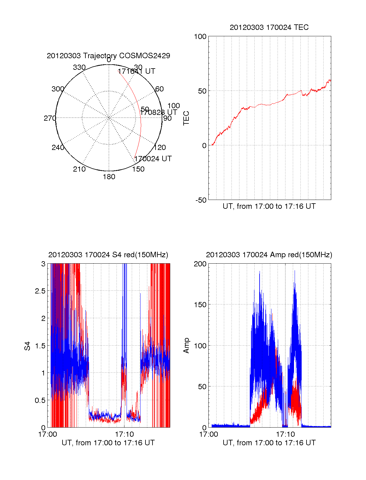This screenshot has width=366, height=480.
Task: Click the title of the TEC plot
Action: click(x=269, y=27)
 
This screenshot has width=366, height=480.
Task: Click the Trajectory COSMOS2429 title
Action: click(x=108, y=56)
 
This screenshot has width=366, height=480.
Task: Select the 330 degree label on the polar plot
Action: click(x=79, y=67)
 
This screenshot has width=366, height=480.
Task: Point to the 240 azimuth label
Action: click(x=58, y=148)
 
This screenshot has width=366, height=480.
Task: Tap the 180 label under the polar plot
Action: click(x=109, y=177)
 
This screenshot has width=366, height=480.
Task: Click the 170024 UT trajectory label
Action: click(x=153, y=159)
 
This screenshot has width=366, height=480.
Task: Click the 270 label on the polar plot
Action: click(x=50, y=118)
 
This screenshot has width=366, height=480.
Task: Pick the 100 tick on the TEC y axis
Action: click(x=200, y=37)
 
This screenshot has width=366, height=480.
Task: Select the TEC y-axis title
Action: click(x=186, y=118)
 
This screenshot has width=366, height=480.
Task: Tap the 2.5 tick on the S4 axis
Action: click(x=40, y=291)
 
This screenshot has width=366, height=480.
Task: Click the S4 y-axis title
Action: click(x=27, y=346)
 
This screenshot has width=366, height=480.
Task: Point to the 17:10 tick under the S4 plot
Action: click(x=124, y=434)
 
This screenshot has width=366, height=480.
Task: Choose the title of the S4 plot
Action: click(x=108, y=255)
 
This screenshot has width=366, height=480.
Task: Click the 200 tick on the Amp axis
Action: click(x=200, y=264)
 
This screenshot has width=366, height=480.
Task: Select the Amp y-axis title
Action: click(x=186, y=346)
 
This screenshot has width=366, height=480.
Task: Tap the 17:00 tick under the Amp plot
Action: click(x=209, y=434)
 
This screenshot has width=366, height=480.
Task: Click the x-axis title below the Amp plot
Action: click(x=269, y=443)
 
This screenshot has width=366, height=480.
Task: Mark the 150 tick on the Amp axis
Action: click(x=200, y=305)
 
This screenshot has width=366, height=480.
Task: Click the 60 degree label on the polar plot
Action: click(x=160, y=89)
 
